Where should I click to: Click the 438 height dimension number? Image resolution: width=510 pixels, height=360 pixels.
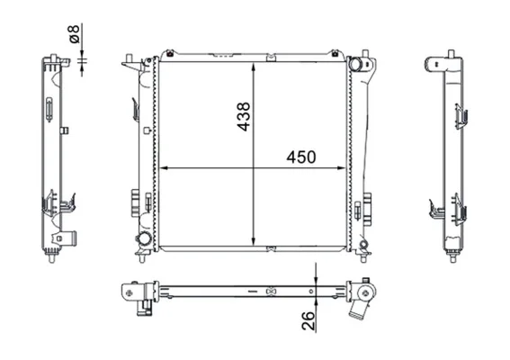pyautogui.click(x=244, y=116)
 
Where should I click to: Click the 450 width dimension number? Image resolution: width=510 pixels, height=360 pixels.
pyautogui.click(x=300, y=157)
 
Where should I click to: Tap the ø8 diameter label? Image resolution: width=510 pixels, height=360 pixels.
pyautogui.click(x=75, y=34)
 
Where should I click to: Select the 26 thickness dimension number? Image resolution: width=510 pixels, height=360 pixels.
pyautogui.click(x=309, y=320)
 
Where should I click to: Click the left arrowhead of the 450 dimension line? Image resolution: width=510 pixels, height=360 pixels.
pyautogui.click(x=164, y=168)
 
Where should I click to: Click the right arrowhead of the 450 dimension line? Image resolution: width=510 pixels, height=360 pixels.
pyautogui.click(x=342, y=168)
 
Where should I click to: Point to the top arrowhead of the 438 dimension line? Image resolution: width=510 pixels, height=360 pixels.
pyautogui.click(x=254, y=67)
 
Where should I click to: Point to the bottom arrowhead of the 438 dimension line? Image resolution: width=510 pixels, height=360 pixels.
pyautogui.click(x=254, y=241)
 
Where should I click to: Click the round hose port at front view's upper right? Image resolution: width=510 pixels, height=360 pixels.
pyautogui.click(x=355, y=64)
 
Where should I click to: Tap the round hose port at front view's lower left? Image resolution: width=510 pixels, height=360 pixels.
pyautogui.click(x=143, y=239)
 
